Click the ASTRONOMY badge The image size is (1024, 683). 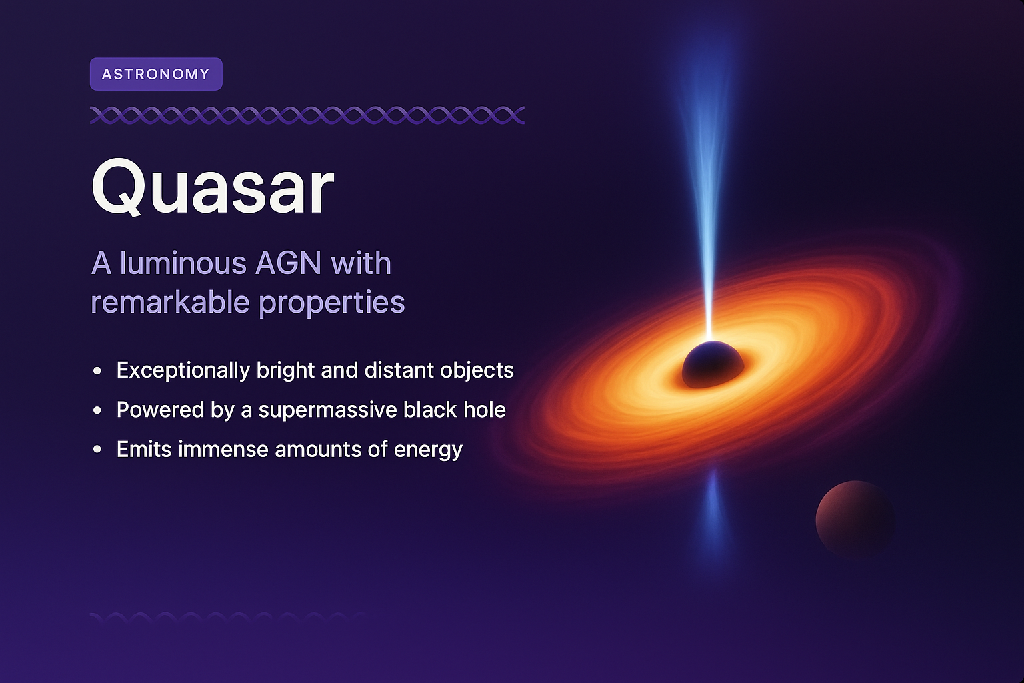click(x=156, y=74)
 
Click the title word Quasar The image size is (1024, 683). click(x=212, y=187)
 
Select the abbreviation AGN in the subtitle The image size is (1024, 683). click(x=289, y=263)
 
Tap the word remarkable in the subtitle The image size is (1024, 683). click(x=170, y=302)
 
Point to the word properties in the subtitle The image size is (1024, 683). click(x=331, y=303)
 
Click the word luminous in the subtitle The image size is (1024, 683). click(x=183, y=263)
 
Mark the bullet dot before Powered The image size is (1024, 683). click(x=97, y=410)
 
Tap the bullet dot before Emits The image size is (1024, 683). click(x=97, y=450)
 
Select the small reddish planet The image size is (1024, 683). click(x=854, y=518)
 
